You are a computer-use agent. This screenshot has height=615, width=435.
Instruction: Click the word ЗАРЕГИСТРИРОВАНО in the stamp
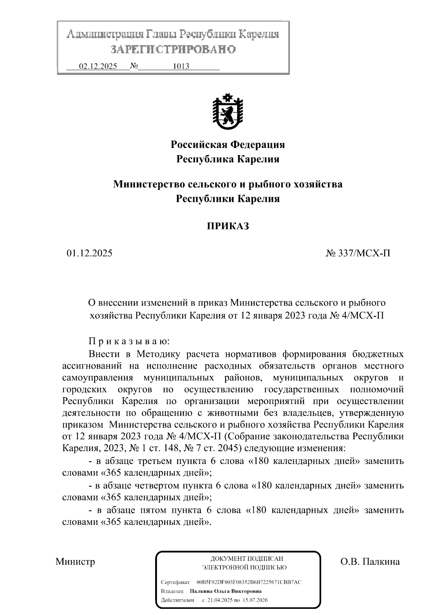coord(173,49)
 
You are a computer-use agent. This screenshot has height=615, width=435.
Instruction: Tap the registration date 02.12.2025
coord(98,66)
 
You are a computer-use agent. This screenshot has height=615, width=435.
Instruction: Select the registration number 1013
coord(181,66)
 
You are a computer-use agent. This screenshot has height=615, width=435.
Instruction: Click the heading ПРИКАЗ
coord(228,227)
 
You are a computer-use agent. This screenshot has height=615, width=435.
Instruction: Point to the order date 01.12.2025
coord(89,253)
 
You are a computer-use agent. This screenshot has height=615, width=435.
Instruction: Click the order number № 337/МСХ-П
coord(358,253)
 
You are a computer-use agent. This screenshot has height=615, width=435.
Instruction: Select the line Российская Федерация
coord(228,145)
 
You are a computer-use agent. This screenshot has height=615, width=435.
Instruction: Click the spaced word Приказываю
coord(129,341)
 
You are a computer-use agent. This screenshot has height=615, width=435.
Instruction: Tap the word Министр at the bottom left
coord(75,561)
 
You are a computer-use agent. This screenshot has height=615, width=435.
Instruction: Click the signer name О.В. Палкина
coord(370,561)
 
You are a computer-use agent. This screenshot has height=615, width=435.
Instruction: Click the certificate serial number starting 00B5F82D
coord(249,582)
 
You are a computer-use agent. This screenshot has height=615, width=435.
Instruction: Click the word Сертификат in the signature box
coord(175,582)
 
